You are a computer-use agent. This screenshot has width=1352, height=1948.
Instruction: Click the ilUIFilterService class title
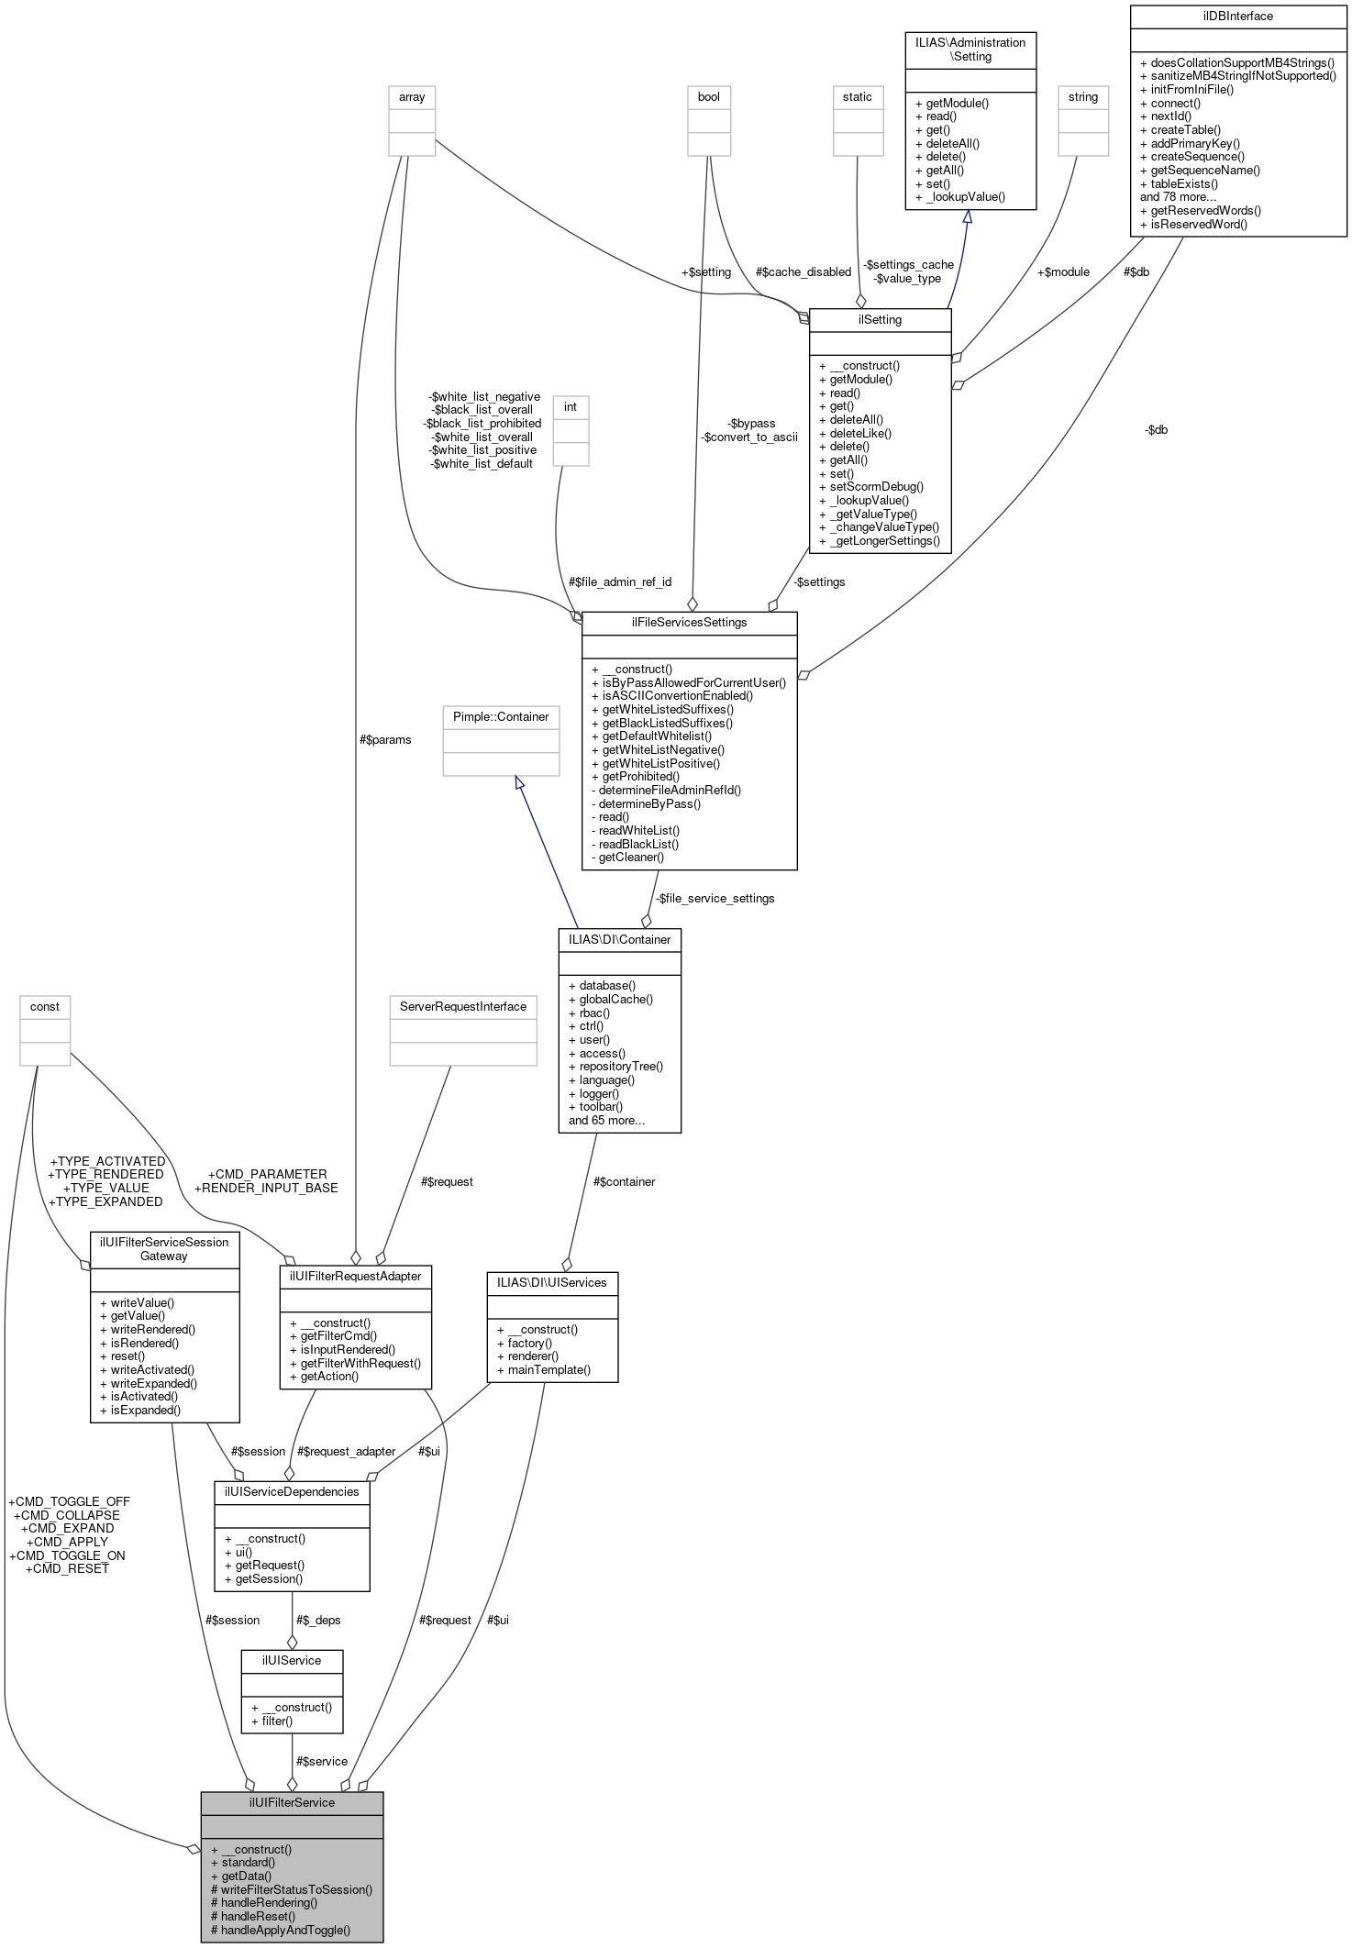coord(292,1802)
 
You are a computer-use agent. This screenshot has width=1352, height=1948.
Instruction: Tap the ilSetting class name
coord(880,320)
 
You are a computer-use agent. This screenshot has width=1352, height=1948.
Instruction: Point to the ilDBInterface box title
coord(1237,16)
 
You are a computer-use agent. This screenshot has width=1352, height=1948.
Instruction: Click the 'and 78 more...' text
coord(1178,196)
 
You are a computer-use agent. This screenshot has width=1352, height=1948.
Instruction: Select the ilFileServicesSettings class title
coord(689,622)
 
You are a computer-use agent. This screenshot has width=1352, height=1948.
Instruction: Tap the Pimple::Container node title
coord(501,716)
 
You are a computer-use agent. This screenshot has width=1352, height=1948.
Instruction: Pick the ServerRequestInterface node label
coord(462,1006)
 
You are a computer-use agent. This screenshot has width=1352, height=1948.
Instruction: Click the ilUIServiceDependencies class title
coord(292,1491)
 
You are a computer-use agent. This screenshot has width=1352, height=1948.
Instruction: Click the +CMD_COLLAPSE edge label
coord(67,1515)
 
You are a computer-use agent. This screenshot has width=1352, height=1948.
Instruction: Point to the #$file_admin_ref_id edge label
coord(620,581)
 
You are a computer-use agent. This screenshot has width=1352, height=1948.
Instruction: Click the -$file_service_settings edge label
coord(715,898)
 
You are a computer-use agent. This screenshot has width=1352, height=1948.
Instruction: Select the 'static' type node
coord(857,96)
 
